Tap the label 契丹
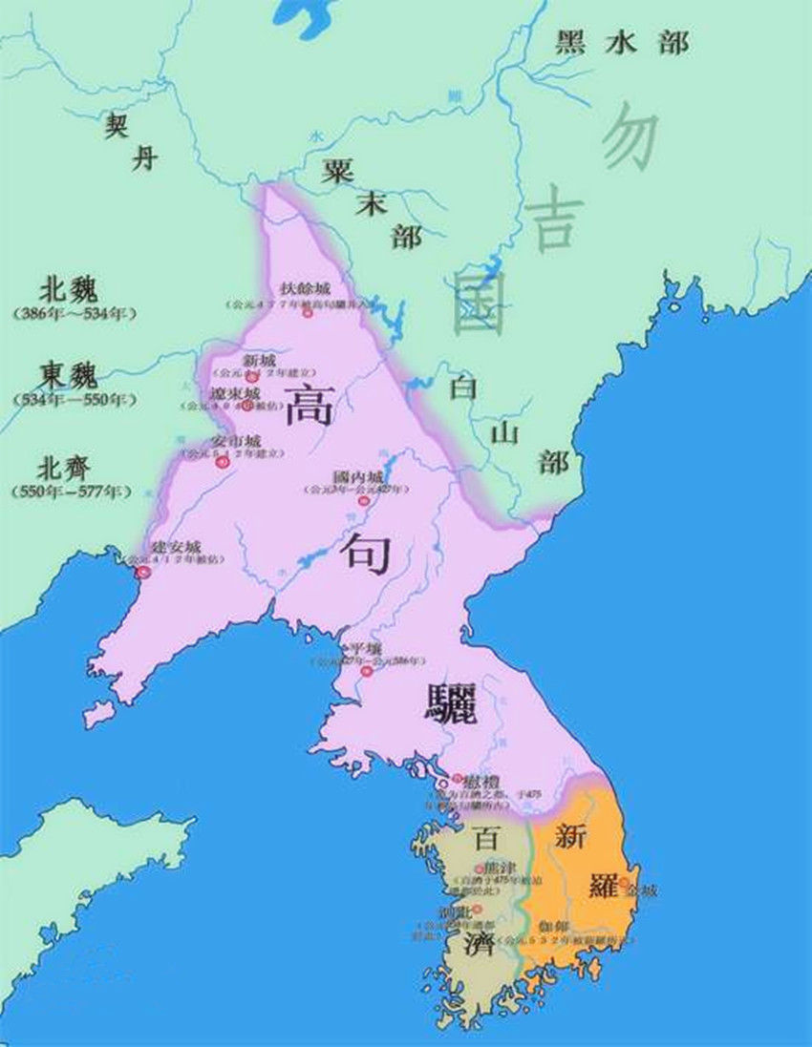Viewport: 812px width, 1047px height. click(129, 140)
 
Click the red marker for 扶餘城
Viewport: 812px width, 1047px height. click(308, 312)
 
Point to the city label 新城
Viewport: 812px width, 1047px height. click(261, 361)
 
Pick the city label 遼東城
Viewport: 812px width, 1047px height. click(235, 392)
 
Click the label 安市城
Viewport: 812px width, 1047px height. click(236, 442)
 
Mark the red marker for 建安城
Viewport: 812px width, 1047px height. click(143, 573)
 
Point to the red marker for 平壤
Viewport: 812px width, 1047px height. click(366, 671)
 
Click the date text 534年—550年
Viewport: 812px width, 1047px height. click(73, 398)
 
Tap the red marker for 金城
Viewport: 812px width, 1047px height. click(624, 881)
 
